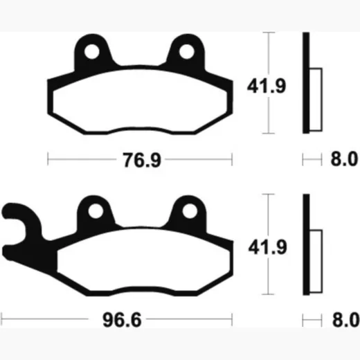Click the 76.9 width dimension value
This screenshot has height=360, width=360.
click(x=142, y=160)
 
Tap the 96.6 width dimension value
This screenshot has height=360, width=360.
click(x=122, y=320)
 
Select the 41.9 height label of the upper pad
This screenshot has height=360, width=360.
click(x=267, y=86)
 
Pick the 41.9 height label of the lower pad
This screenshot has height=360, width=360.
click(x=268, y=247)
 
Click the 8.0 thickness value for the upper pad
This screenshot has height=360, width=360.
click(x=344, y=159)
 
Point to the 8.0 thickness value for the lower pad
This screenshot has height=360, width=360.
click(x=345, y=320)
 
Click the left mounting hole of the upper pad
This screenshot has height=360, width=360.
click(x=92, y=52)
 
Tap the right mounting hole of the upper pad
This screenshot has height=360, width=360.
click(x=187, y=52)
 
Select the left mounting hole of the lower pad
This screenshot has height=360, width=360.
click(x=96, y=211)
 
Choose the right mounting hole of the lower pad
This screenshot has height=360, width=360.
click(x=190, y=211)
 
